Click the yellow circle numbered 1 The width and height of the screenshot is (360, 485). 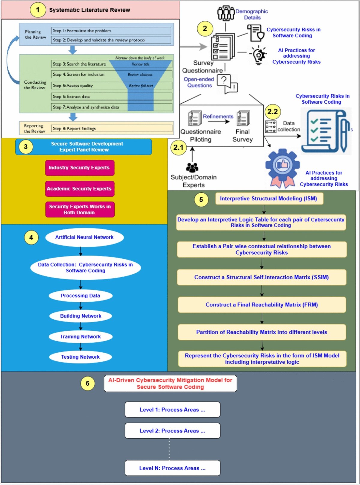coord(37,10)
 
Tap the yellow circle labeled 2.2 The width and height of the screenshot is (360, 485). coord(272,112)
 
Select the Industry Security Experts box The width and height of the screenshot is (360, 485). coord(79,168)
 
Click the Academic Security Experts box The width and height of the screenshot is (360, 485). coord(79,189)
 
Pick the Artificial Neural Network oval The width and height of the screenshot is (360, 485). coord(84,237)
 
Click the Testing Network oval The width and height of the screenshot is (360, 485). coord(80,357)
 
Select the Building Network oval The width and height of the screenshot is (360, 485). coord(80,316)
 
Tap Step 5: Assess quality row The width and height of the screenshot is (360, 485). coord(90,86)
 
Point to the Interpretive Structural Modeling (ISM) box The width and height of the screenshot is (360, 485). coord(269,199)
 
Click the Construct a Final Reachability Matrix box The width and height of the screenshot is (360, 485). coord(262,305)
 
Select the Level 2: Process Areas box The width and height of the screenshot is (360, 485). coord(172,431)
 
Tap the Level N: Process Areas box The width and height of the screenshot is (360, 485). coord(172,468)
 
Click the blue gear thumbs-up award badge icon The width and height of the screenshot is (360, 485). coord(282,167)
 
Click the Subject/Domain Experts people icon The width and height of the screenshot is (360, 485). coord(192,167)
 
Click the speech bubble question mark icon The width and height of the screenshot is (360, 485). coord(227,83)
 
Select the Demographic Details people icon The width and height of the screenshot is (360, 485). coord(226,13)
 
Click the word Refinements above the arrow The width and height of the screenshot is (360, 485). coord(218,116)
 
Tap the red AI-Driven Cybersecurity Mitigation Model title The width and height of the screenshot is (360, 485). coord(170,384)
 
